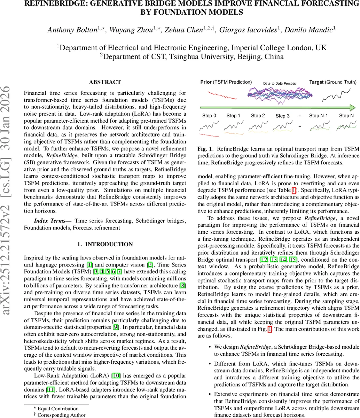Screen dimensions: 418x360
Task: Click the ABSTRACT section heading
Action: tap(105, 82)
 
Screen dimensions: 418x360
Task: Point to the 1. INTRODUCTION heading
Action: tap(105, 245)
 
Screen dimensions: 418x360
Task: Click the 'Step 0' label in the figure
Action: tap(209, 116)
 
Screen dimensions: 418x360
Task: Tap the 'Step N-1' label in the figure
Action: tap(319, 116)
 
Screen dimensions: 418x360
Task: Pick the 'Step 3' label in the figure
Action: tap(282, 116)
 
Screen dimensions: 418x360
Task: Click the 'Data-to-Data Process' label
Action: tap(279, 83)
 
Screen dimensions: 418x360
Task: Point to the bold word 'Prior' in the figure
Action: tap(206, 82)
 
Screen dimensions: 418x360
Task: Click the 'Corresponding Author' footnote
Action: tap(61, 415)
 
